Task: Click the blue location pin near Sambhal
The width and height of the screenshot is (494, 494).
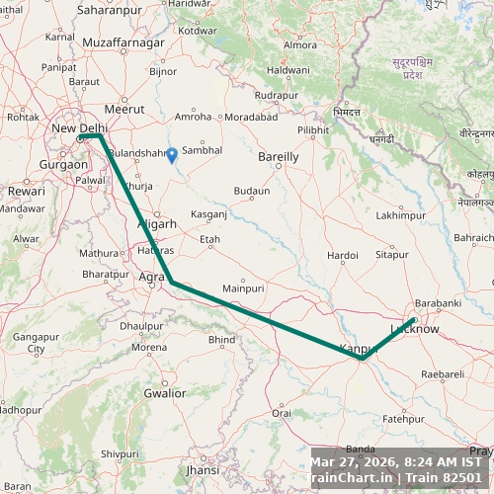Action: click(172, 154)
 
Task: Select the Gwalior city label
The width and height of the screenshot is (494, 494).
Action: click(164, 393)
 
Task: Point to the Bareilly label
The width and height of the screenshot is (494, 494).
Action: click(278, 156)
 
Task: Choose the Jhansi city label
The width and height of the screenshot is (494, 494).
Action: click(202, 470)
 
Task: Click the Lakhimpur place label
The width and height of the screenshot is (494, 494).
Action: click(400, 214)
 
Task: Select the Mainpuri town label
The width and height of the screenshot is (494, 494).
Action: click(244, 288)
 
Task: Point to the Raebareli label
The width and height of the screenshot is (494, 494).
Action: click(443, 374)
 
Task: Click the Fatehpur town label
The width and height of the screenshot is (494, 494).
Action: click(402, 419)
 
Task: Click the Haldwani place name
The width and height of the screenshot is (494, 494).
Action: click(288, 71)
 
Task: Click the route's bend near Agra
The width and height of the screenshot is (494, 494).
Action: click(172, 283)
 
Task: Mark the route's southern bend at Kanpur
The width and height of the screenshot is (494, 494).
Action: click(363, 359)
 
